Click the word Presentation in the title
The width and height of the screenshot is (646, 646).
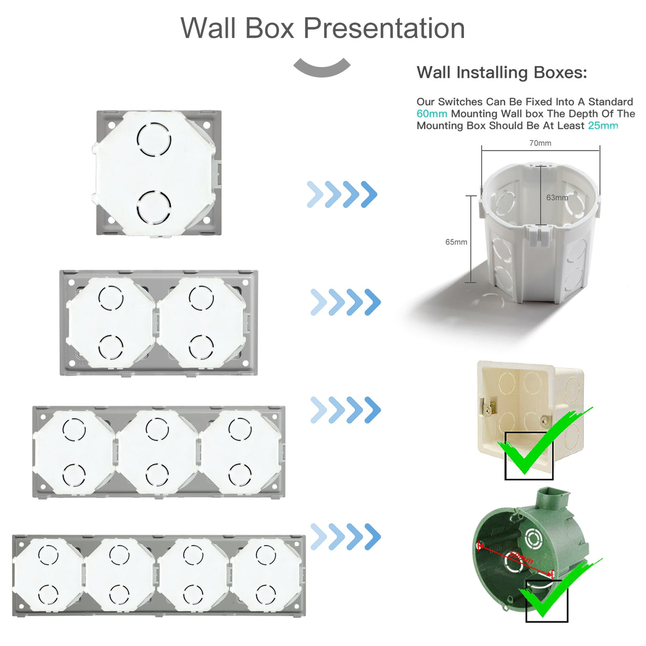click(x=384, y=28)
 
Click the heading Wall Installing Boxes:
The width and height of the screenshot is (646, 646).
click(x=502, y=72)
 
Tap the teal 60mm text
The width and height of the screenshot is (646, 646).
click(x=432, y=114)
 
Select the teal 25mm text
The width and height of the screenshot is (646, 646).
click(x=603, y=126)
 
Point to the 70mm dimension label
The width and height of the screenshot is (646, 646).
click(x=540, y=143)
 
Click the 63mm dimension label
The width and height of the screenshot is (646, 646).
click(x=557, y=197)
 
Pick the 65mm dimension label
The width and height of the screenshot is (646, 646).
click(x=456, y=242)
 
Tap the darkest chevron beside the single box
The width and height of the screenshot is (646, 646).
click(x=369, y=194)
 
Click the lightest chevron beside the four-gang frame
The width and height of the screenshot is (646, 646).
click(x=318, y=536)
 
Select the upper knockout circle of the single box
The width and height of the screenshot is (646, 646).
click(x=154, y=139)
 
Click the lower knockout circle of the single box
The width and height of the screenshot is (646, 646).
click(x=154, y=207)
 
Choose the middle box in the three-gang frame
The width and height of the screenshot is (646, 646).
click(x=158, y=452)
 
